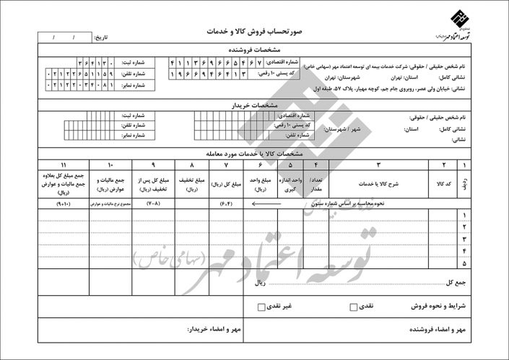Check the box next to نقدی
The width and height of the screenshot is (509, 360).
click(353, 307)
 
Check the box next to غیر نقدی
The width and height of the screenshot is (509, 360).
click(261, 307)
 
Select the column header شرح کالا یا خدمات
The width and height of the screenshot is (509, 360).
click(379, 183)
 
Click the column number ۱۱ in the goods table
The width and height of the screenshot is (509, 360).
click(65, 164)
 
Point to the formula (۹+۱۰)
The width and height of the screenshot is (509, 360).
click(64, 204)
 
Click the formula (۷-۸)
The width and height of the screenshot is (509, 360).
click(153, 204)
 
